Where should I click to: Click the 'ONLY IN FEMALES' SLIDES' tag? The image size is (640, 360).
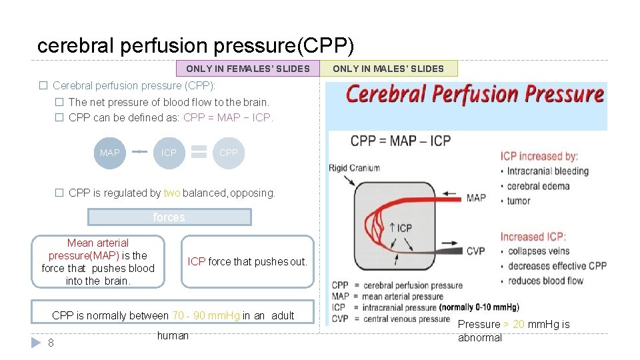coord(247,69)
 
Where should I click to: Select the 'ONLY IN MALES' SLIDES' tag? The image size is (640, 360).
coord(388,69)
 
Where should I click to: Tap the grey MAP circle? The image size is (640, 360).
coord(109,153)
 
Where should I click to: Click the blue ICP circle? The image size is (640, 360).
coord(169,153)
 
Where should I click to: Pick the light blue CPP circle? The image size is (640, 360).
coord(228,153)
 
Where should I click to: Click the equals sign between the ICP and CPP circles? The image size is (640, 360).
coord(199,153)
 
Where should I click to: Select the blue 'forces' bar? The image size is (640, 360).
coord(169,217)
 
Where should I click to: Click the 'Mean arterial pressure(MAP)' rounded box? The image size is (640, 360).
coord(98,262)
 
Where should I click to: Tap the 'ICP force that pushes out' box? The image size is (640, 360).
coord(247,262)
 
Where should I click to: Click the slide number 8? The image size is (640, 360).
coord(51,343)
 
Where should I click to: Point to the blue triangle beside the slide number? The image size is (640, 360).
coord(36,343)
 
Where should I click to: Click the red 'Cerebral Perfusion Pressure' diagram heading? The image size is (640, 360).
coord(475,94)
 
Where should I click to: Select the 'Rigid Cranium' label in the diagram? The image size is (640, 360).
coord(354,168)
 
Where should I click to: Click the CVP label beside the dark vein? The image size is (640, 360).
coord(476,251)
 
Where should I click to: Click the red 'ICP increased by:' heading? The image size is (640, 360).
coord(539,156)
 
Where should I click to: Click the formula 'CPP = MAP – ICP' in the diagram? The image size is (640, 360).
coord(401,141)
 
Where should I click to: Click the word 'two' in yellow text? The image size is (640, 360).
coord(172,193)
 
